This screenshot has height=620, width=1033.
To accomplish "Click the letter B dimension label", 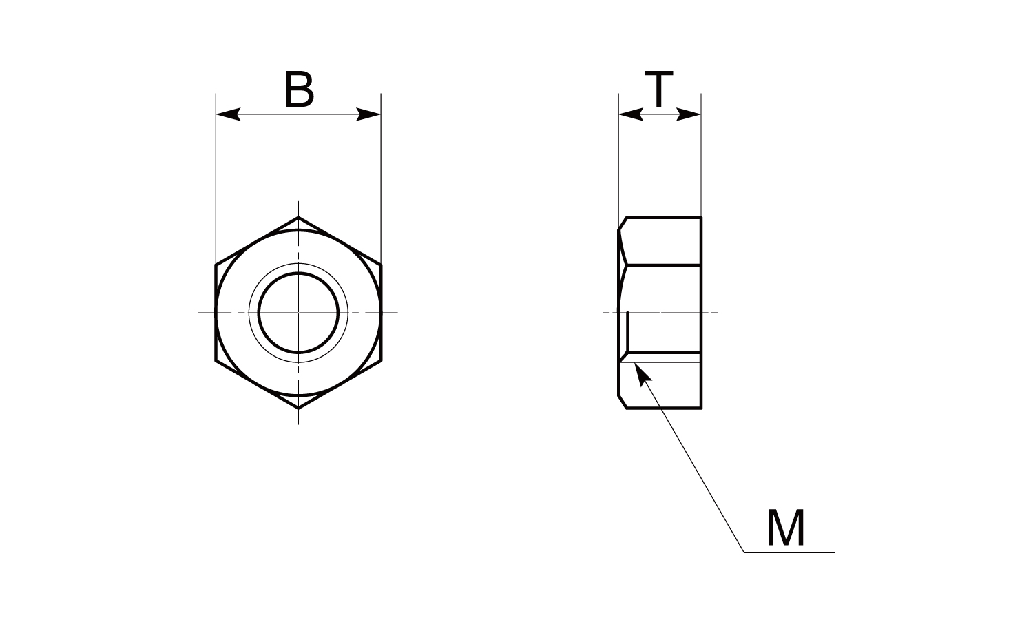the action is tap(300, 89).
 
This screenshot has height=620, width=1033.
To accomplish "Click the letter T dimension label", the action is tap(658, 89).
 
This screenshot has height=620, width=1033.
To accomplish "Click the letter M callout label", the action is tap(786, 527).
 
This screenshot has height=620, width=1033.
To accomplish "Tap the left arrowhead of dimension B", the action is tap(228, 114).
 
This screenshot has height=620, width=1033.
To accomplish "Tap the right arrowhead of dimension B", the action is tap(368, 114).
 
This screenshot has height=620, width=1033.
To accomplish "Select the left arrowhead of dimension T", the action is tap(631, 114).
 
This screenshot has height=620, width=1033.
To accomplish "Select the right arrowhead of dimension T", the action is tap(689, 114).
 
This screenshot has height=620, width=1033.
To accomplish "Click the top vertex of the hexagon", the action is tap(298, 217).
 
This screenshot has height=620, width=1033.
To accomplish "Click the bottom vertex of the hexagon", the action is tap(298, 409).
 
